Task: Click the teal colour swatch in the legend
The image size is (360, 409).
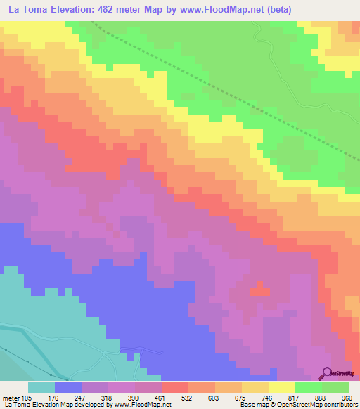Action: (41, 387)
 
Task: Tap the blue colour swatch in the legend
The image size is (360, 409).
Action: (68, 387)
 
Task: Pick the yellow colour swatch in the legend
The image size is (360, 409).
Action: (282, 387)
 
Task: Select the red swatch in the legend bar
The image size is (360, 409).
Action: (175, 387)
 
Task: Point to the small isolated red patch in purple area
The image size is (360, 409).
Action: (258, 289)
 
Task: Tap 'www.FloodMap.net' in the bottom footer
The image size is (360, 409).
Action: (143, 405)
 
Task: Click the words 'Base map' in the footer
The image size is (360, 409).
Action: (253, 405)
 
